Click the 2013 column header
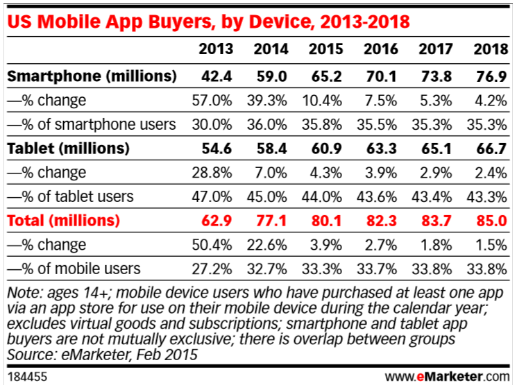click(216, 49)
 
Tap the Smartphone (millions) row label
click(92, 75)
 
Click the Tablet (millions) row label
click(69, 148)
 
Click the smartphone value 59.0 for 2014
click(271, 75)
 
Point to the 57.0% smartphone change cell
click(212, 100)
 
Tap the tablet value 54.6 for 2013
click(216, 148)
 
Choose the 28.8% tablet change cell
click(212, 172)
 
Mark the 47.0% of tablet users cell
click(212, 196)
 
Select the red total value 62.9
click(216, 221)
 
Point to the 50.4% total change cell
click(212, 245)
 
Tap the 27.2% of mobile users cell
click(212, 269)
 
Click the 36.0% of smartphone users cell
click(266, 124)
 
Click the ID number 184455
click(24, 377)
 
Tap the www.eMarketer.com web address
click(446, 377)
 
